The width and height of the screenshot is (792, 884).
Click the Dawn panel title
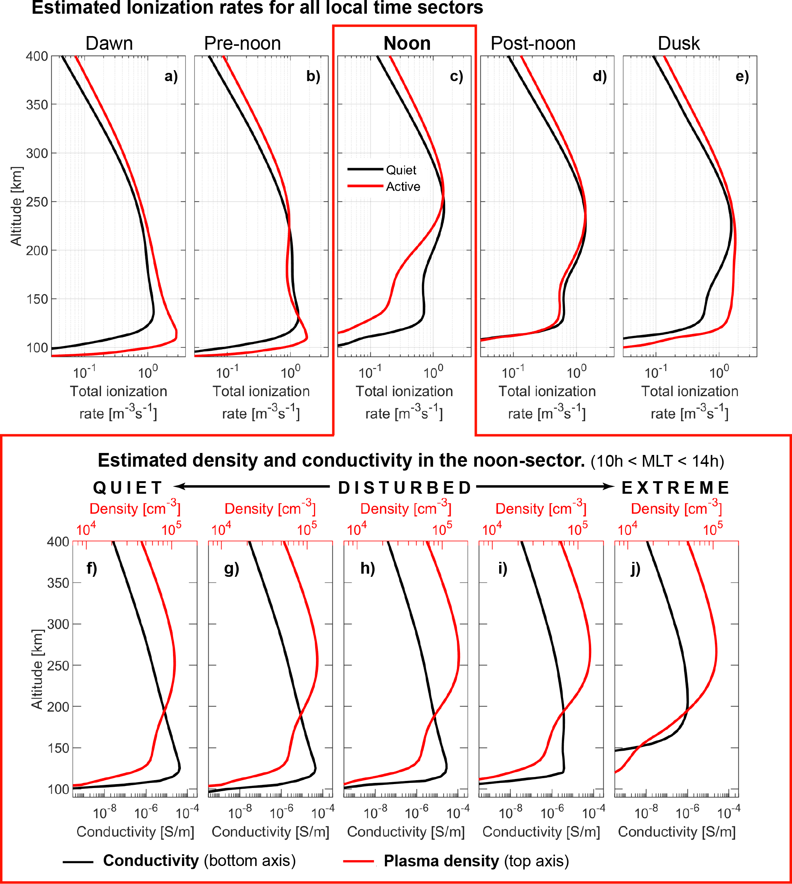click(109, 43)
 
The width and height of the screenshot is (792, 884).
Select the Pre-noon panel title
click(242, 43)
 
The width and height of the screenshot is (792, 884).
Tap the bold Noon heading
click(407, 43)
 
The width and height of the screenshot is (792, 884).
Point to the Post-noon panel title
click(533, 43)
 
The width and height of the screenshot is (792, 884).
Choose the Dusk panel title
click(678, 43)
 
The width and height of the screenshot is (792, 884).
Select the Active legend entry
click(403, 187)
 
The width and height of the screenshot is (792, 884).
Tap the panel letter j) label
click(635, 568)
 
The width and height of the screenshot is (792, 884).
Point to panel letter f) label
click(91, 568)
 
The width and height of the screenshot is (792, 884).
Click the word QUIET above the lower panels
click(128, 488)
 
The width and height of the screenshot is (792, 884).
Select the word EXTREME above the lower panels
click(675, 488)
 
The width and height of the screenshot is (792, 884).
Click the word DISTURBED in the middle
click(405, 488)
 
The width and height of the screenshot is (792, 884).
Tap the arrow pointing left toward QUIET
click(253, 486)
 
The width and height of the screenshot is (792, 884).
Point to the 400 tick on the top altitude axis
click(36, 56)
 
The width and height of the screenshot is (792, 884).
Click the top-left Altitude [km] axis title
click(16, 206)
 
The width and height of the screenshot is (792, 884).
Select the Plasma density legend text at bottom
click(476, 861)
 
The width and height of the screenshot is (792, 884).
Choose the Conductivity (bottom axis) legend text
click(199, 860)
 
